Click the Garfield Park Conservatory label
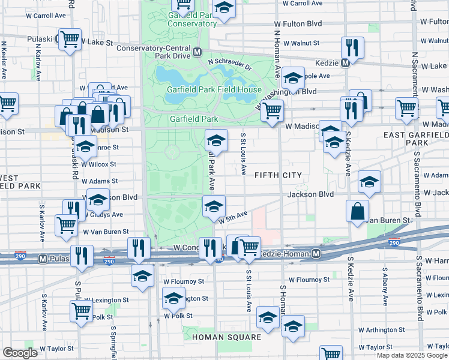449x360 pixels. tap(192, 19)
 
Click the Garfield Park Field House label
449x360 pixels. tap(214, 90)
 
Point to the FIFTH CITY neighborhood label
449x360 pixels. tap(277, 175)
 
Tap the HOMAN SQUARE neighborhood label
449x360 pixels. tap(227, 337)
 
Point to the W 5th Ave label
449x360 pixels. tap(234, 217)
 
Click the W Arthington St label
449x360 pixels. tap(382, 330)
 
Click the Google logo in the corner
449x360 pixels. tap(20, 353)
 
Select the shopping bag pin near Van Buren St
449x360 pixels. tap(357, 211)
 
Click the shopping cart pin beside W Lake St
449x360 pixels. tap(70, 40)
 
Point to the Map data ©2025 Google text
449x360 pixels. tap(411, 355)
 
